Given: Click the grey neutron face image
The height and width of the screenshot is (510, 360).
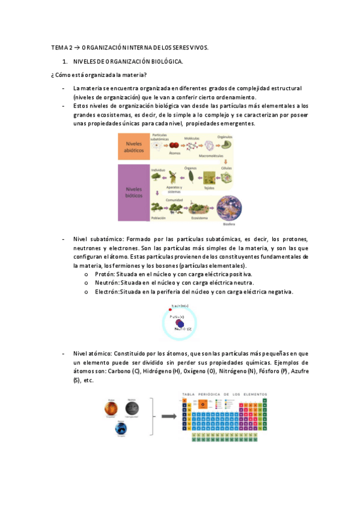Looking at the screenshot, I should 132,408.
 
